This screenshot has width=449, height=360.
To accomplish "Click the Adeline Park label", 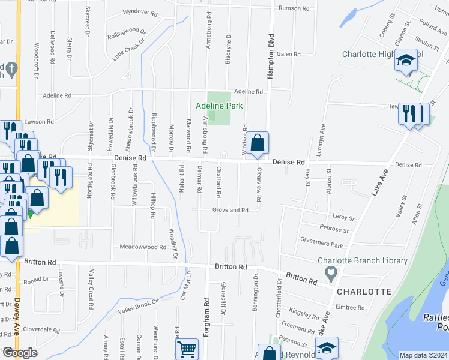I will (219, 106).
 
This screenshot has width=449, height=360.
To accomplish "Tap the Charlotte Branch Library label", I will (362, 261).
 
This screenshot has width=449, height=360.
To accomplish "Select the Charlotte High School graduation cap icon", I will (406, 61).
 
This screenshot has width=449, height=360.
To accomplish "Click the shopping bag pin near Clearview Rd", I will (257, 143).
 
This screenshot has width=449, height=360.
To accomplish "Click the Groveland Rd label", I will (230, 210).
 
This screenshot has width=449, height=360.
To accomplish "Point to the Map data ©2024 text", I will (423, 355).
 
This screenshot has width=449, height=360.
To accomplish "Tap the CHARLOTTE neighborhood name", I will (364, 292).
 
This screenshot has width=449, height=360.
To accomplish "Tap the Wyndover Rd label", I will (139, 11).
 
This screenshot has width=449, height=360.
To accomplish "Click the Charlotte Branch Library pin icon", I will (331, 274).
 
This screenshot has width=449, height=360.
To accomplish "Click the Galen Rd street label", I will (288, 54).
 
